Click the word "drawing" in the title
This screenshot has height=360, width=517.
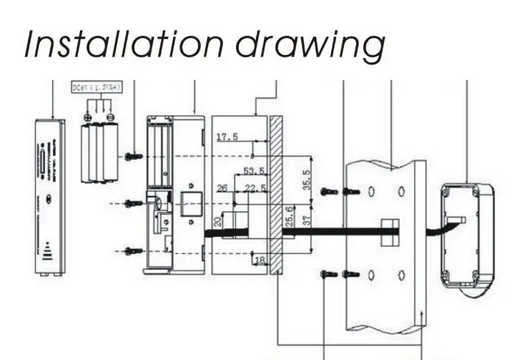pos(308,44)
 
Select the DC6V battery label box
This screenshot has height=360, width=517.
pos(97,88)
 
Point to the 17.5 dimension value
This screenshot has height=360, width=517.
pos(227,136)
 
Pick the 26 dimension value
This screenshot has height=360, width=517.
pos(222,188)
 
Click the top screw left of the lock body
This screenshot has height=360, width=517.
pos(130,156)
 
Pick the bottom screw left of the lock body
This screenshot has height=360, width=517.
pos(129,250)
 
